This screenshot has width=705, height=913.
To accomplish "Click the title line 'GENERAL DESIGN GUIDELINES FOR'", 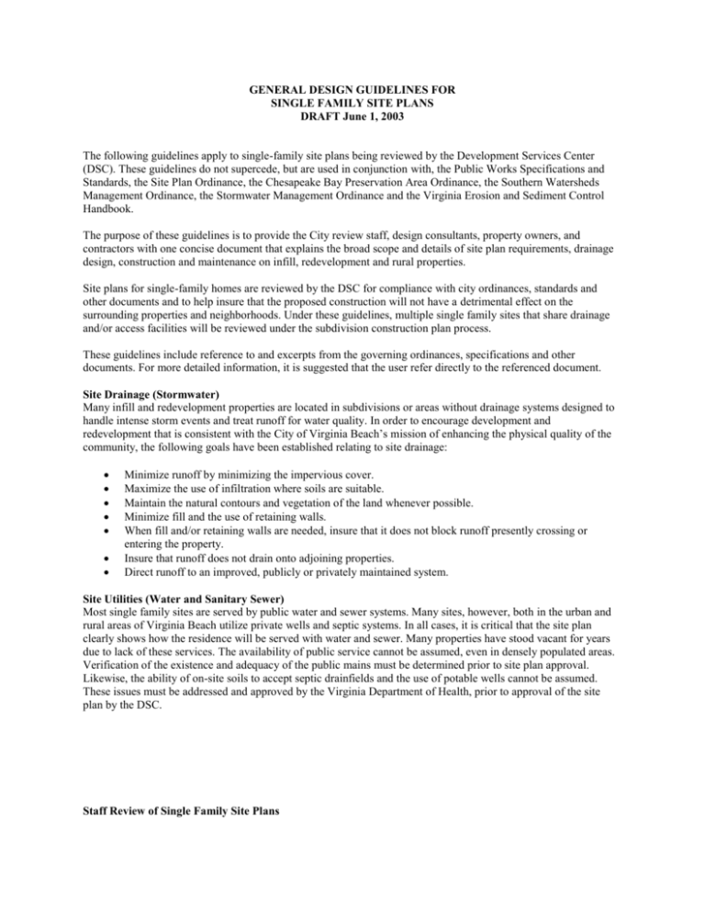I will coord(352,92).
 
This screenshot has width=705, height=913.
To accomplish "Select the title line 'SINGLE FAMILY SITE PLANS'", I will coord(352,106).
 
